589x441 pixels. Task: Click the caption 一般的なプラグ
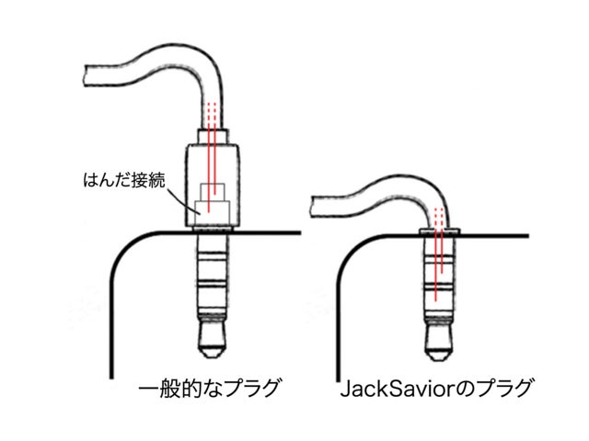pos(207,389)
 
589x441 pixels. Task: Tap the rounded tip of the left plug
pos(213,350)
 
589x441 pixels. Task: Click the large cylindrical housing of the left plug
pos(213,184)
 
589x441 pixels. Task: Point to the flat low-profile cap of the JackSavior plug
pos(440,230)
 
